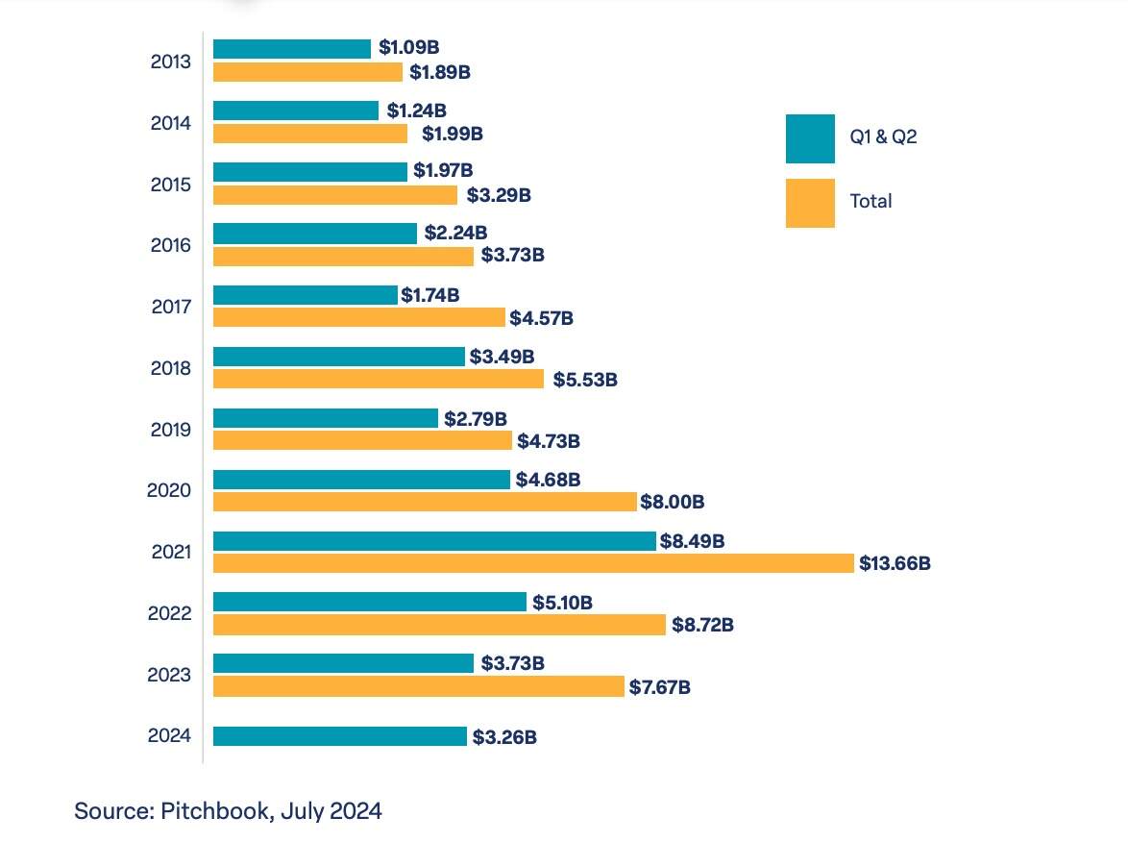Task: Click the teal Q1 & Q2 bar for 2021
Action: [x=434, y=541]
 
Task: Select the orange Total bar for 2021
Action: [x=534, y=563]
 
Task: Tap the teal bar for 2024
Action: [x=340, y=736]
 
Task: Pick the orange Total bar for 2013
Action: [x=307, y=72]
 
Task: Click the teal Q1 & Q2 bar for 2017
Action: [x=306, y=295]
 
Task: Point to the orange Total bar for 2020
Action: [x=425, y=502]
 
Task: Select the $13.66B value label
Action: [x=895, y=563]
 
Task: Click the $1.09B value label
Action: [x=408, y=47]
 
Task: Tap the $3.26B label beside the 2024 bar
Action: [x=504, y=737]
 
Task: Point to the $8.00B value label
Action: [x=673, y=502]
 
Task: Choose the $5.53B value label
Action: [x=585, y=380]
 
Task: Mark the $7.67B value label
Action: [x=660, y=687]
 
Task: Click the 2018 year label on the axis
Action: [x=171, y=368]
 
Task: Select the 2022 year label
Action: [x=170, y=613]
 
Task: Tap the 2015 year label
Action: [x=171, y=185]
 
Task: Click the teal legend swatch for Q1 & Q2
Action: [x=810, y=139]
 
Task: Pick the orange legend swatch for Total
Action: [x=810, y=203]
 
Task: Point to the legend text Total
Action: [x=871, y=201]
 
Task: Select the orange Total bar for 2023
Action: [x=419, y=686]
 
